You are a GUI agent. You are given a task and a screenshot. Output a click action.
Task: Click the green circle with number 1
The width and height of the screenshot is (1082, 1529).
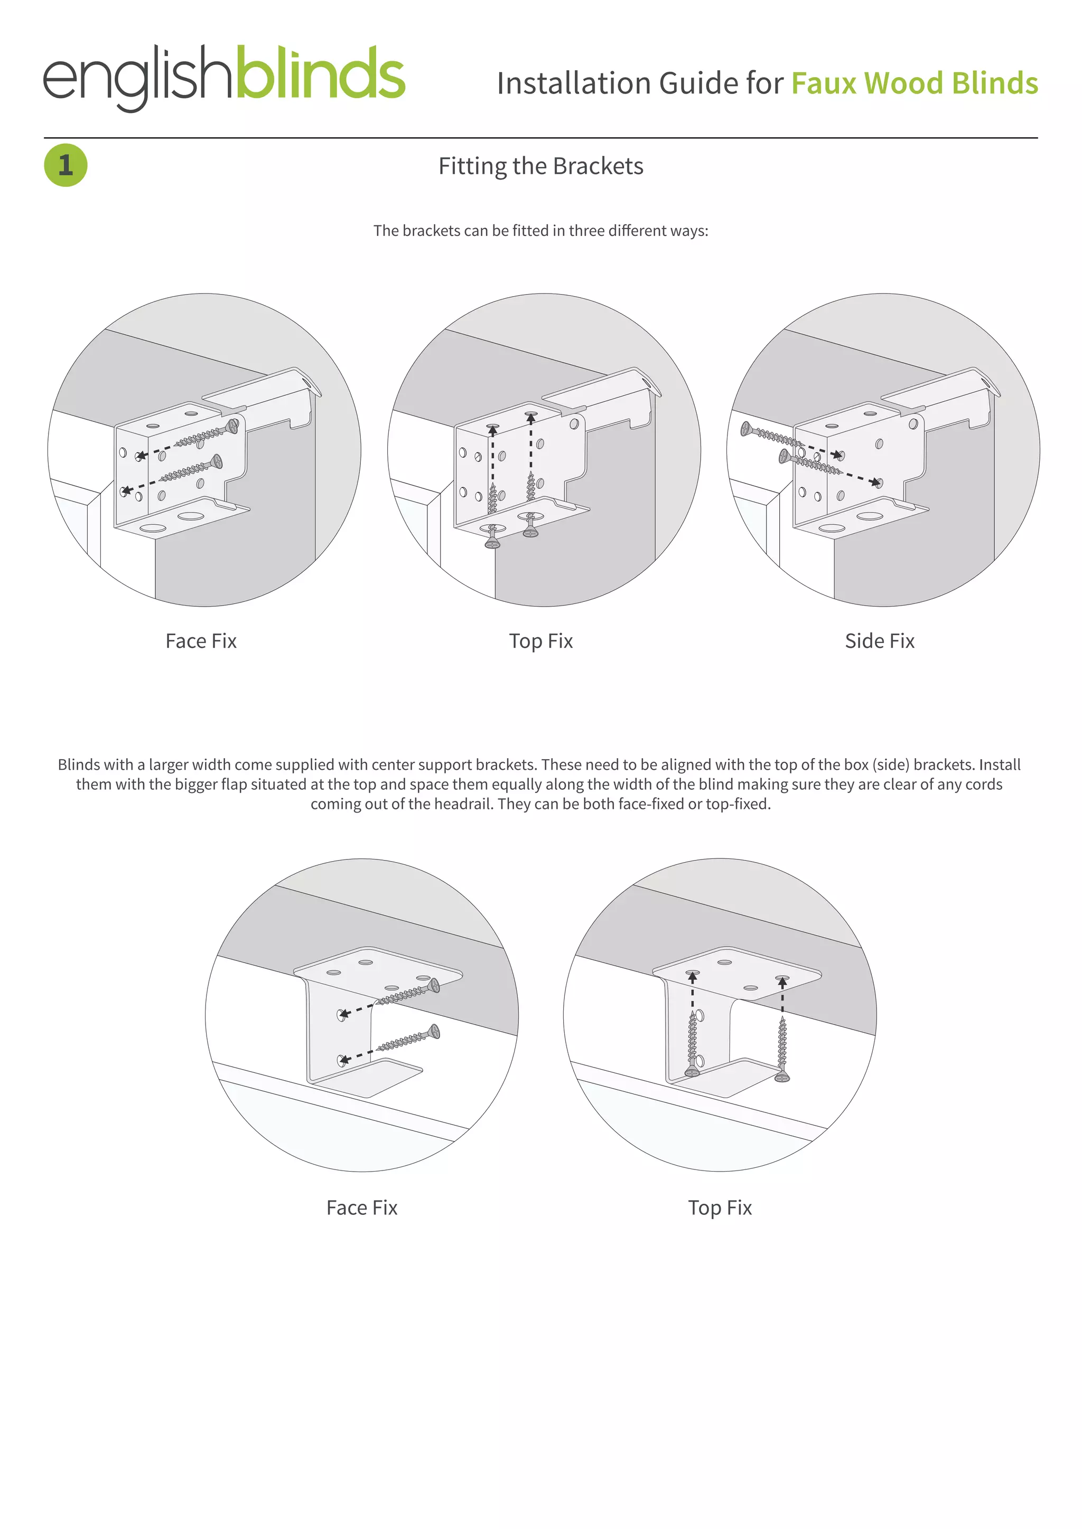coord(66,165)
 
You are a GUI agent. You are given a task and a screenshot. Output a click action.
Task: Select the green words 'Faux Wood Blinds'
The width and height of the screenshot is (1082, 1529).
coord(914,84)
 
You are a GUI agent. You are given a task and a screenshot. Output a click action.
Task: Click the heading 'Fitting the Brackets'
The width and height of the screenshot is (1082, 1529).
coord(540,166)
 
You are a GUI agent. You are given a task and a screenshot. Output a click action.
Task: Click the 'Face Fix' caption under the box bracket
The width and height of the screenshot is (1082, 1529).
coord(201,640)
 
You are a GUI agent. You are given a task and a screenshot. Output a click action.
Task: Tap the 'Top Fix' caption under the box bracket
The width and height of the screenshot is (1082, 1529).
coord(540,640)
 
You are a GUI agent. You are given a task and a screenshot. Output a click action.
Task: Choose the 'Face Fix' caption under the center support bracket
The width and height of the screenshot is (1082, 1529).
coord(361,1207)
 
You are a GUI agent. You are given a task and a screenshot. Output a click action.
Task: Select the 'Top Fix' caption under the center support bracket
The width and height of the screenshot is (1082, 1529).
coord(720,1207)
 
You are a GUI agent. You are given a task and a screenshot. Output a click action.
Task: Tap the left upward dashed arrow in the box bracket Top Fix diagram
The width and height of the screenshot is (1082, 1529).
coord(492,459)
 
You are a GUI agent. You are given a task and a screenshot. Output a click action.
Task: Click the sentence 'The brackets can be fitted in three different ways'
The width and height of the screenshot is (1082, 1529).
coord(540,230)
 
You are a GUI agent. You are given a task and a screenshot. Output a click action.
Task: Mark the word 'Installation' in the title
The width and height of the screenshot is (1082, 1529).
coord(574,84)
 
